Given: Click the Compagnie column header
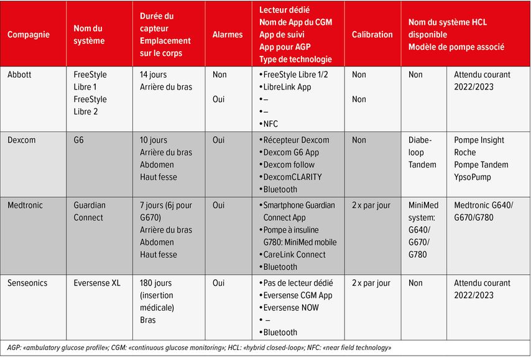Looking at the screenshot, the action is point(29,34).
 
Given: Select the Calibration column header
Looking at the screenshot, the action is point(372,34).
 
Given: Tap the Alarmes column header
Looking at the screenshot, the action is point(228,34).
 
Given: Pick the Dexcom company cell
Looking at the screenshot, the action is point(22,140).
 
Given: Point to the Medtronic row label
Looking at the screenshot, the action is point(25,205).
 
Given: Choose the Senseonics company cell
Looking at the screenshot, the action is point(29,283).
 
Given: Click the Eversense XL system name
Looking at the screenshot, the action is point(98,283).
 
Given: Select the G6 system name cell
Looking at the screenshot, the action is point(79,140).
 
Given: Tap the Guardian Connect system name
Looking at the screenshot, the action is point(90,211).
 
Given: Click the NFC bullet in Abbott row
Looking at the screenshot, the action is point(271,124).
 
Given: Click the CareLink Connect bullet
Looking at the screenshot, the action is point(294,254).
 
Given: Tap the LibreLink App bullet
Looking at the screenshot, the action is point(287,87).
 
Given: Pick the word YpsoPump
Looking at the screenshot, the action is point(474,177).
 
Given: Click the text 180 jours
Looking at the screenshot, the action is point(156,283).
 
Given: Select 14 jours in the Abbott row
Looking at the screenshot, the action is point(153,75).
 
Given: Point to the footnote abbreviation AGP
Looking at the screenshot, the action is point(12,348).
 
